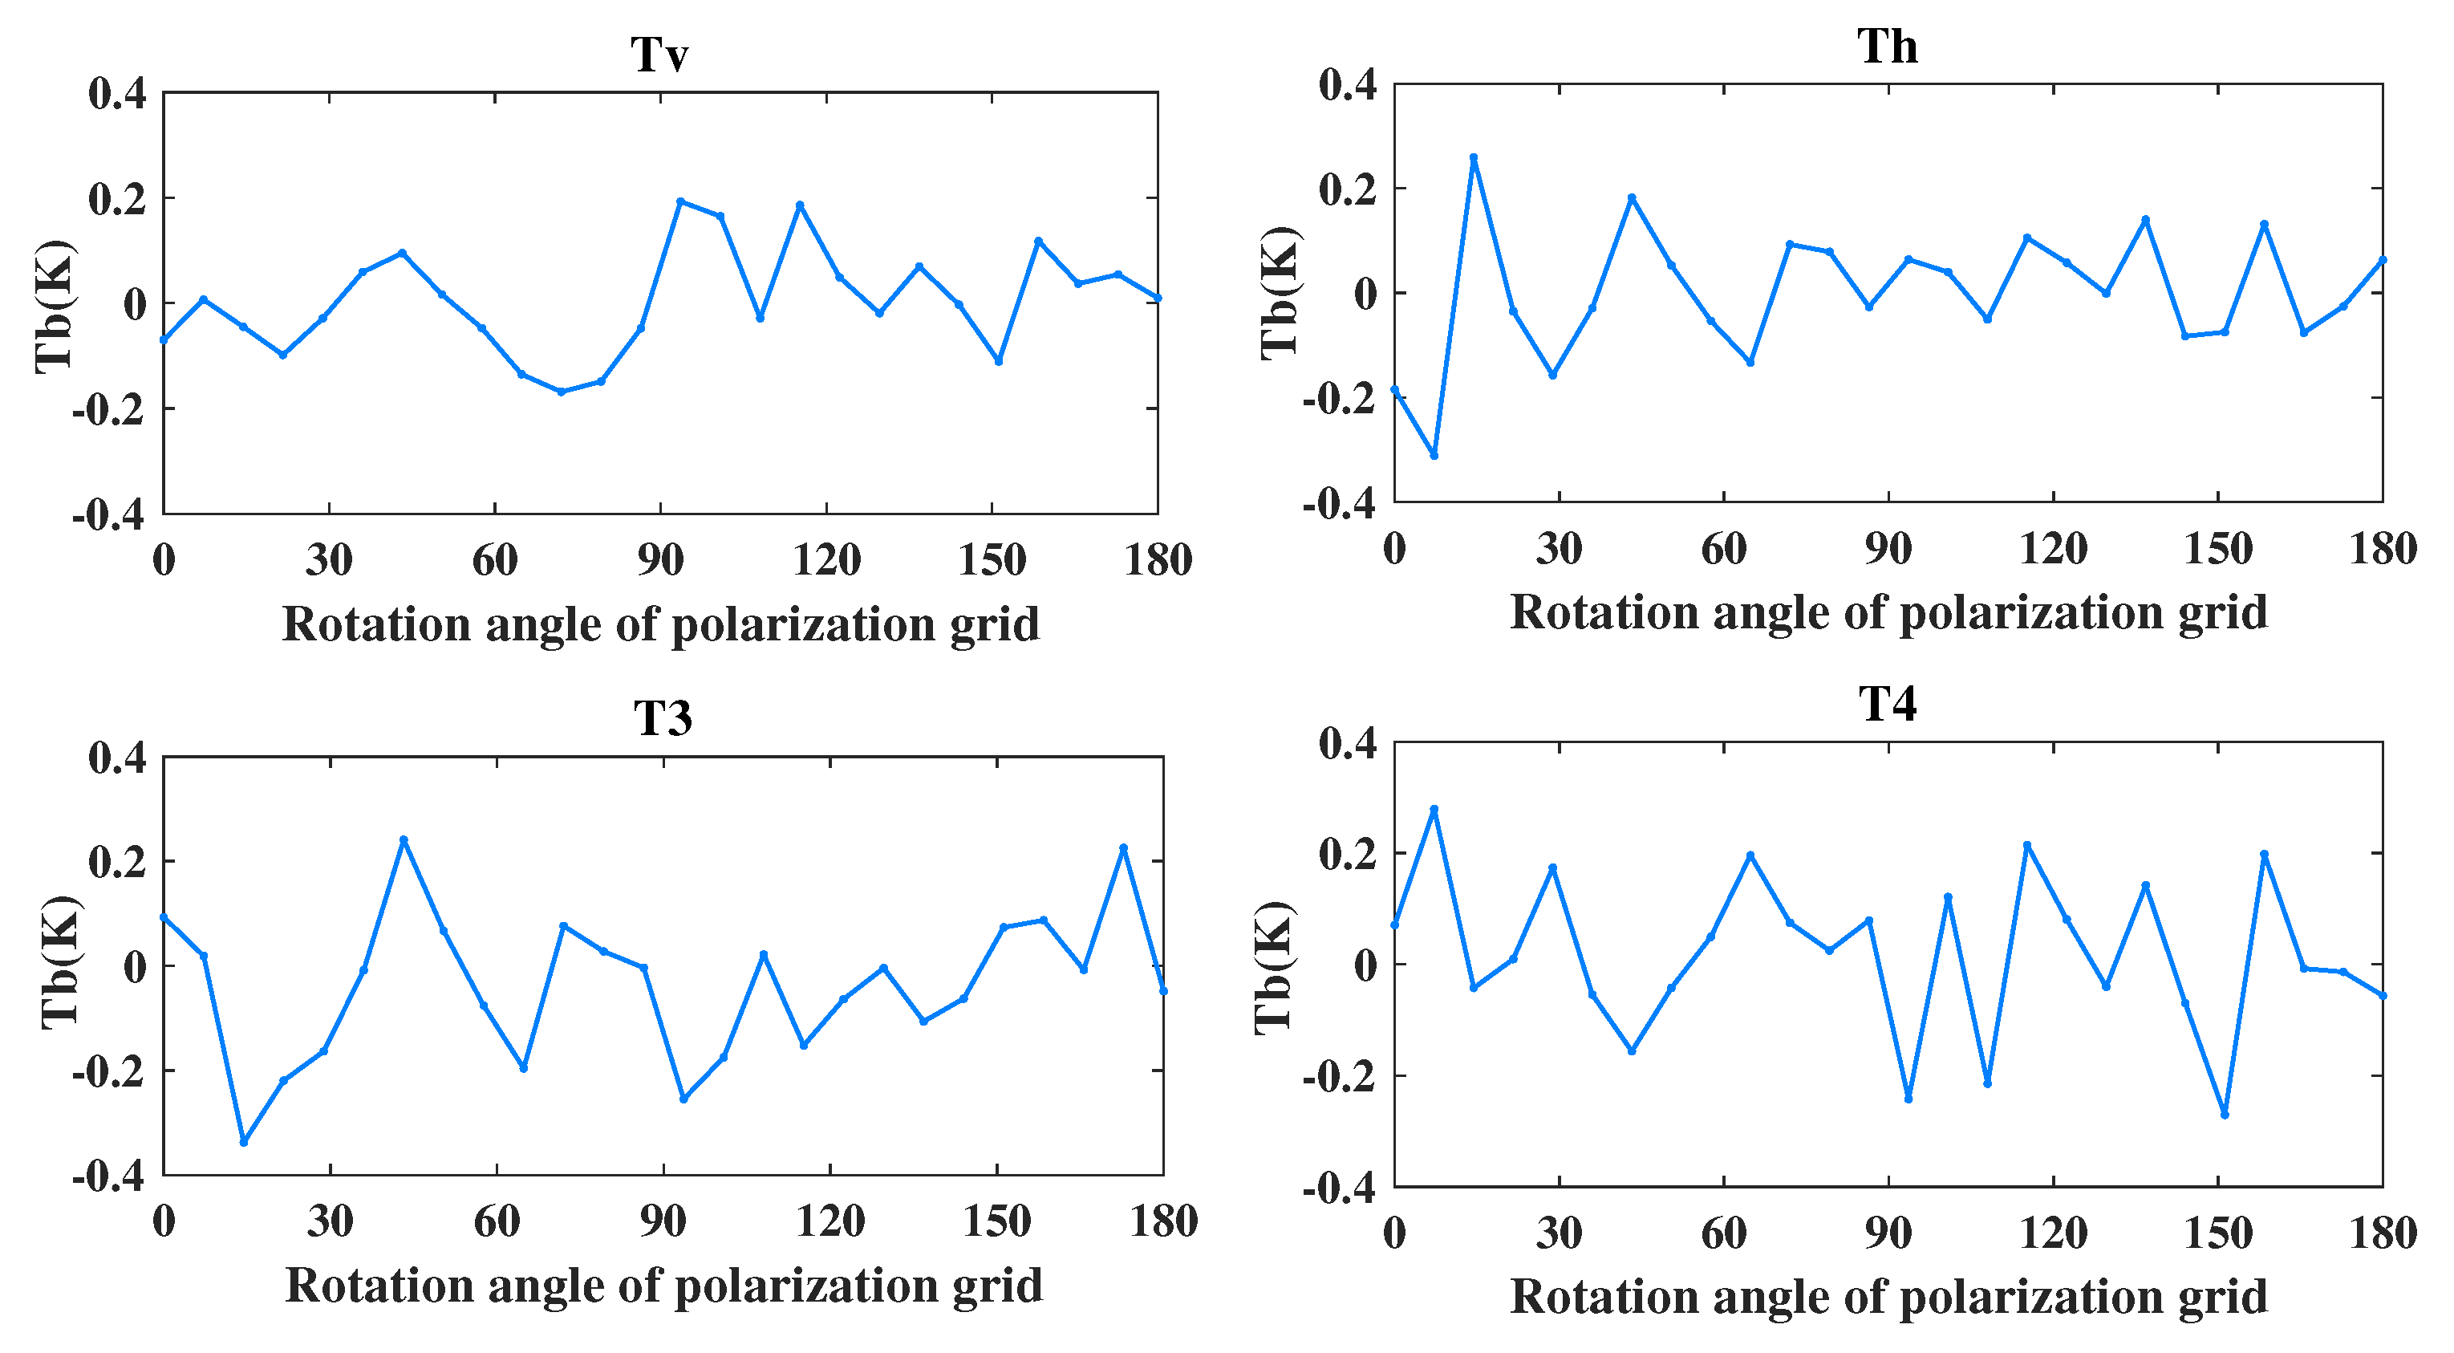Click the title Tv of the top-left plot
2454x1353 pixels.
(659, 55)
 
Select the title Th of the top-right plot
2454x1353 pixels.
(1887, 46)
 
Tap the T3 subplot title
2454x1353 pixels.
(662, 717)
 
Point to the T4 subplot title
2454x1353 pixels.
(1887, 704)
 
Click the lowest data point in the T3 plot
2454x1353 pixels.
(244, 1141)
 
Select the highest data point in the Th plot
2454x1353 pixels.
(1474, 157)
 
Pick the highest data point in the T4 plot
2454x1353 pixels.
(1434, 809)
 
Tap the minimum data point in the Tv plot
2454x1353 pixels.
(561, 392)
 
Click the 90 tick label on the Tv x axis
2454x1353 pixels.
(660, 560)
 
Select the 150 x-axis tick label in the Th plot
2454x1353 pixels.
(2217, 549)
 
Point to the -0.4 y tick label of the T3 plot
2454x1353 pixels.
(108, 1178)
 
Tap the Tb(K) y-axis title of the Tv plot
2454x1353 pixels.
(55, 305)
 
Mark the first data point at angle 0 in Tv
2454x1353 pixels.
(164, 339)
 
